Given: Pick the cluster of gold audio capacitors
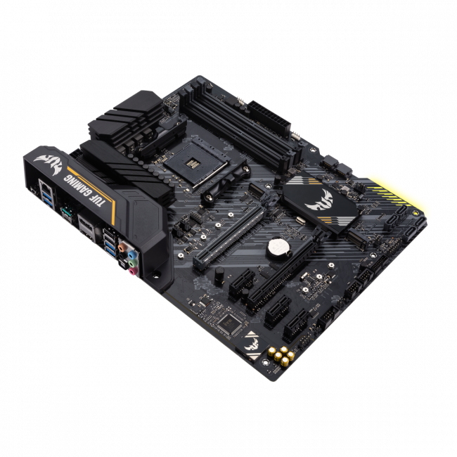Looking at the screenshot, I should [280, 356].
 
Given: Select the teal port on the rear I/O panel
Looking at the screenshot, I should [68, 210].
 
